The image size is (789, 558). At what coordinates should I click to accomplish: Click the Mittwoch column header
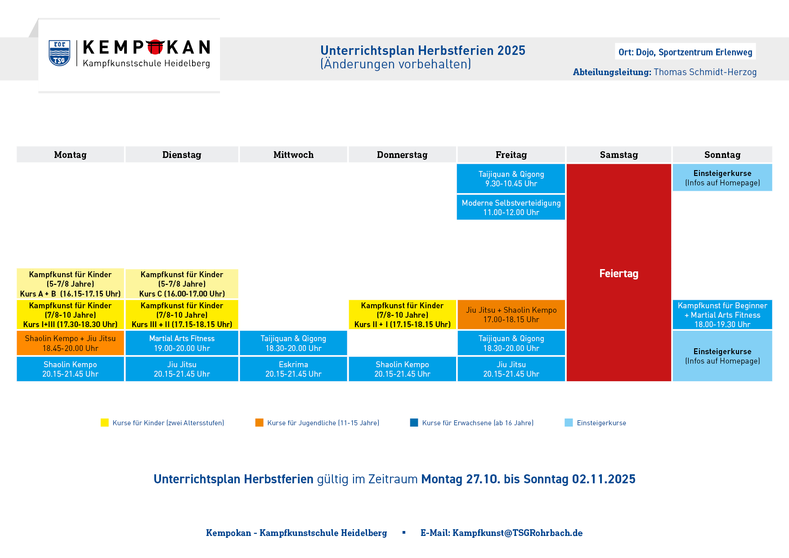[293, 154]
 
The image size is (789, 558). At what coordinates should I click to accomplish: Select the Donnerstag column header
[402, 154]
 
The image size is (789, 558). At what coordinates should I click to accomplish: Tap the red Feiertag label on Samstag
[619, 273]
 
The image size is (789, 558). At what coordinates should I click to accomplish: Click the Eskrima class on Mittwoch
[293, 369]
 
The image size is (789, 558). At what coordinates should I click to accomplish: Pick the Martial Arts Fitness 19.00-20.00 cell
[182, 343]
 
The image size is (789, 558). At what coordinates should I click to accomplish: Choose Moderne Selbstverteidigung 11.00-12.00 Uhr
[511, 207]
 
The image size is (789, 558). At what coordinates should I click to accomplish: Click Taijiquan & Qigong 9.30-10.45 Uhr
[511, 179]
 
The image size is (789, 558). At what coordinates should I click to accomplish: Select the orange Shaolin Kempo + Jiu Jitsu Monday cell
[70, 343]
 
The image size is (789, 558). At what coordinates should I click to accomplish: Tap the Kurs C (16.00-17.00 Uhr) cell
[182, 284]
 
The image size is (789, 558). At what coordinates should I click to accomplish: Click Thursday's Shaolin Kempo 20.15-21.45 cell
[402, 369]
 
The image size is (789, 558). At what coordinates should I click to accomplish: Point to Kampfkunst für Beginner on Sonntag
[722, 315]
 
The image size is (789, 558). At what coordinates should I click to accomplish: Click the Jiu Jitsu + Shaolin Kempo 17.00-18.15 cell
[511, 315]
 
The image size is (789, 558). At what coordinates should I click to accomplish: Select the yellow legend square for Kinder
[105, 423]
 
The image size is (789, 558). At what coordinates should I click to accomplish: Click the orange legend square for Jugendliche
[259, 423]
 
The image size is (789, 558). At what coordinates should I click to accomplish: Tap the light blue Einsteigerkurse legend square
[569, 423]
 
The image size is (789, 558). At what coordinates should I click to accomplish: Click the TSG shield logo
[59, 53]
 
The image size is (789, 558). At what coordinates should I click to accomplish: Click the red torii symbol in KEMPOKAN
[155, 47]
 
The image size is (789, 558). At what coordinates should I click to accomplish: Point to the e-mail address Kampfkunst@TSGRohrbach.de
[517, 533]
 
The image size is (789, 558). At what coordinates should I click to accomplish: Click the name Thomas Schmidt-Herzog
[705, 72]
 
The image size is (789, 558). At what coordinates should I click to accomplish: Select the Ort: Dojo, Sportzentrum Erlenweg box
[685, 52]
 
